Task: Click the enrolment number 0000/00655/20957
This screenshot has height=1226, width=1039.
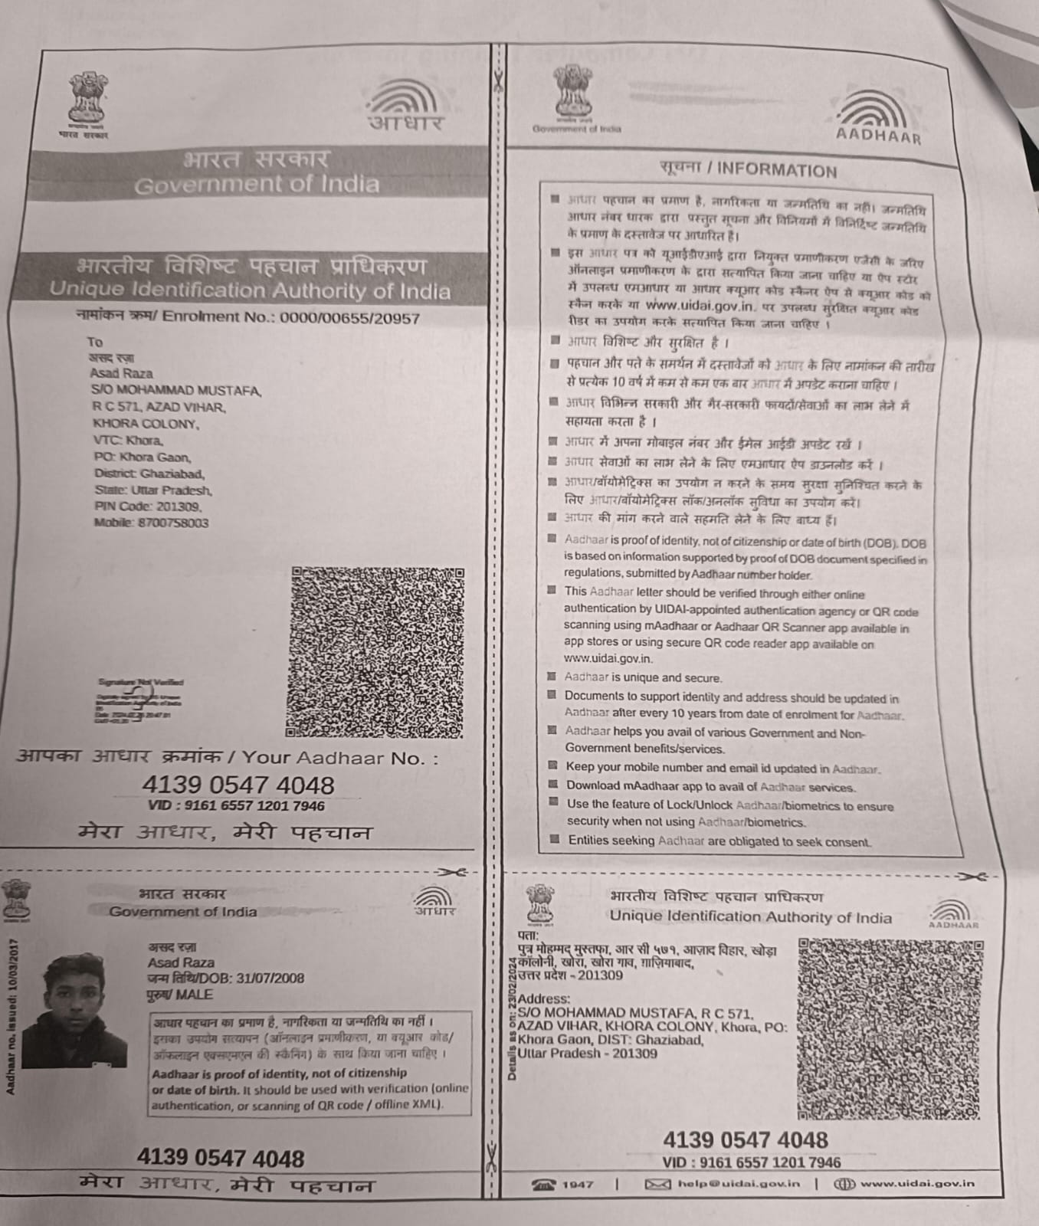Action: (349, 319)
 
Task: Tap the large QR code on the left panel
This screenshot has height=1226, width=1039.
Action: (376, 651)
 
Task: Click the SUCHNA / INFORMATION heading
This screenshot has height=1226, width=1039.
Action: (748, 169)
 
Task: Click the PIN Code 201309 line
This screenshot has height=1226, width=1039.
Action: (147, 506)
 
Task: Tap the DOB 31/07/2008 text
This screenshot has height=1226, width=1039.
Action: (226, 979)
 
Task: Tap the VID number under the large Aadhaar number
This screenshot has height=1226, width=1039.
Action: (236, 806)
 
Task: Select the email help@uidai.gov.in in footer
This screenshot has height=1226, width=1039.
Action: (738, 1184)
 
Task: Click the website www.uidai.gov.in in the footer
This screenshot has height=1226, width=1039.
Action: (916, 1184)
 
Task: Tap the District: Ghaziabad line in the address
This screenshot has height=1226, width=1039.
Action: (149, 474)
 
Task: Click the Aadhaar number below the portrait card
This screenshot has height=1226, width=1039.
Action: (221, 1158)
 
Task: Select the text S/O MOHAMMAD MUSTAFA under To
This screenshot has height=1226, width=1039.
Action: (175, 391)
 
